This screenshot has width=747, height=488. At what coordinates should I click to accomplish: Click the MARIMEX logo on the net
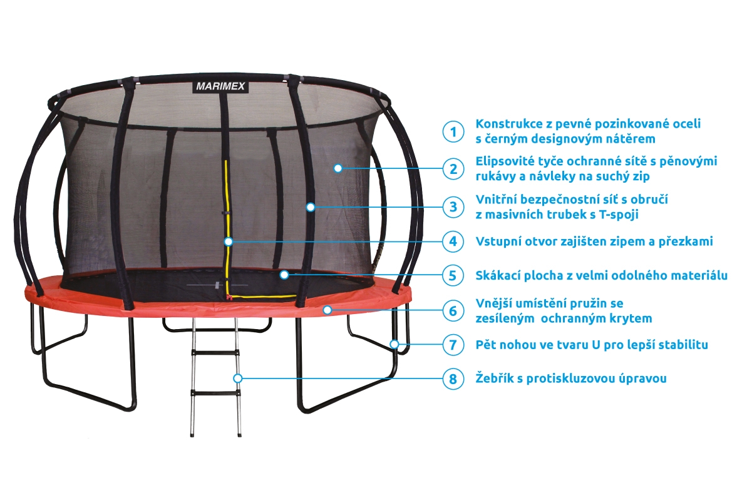[x=220, y=86]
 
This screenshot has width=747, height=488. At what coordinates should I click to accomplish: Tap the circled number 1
[x=453, y=132]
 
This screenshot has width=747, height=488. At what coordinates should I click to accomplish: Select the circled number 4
[x=453, y=241]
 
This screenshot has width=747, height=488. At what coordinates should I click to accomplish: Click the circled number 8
[x=453, y=379]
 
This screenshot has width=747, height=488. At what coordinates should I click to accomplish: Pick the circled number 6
[x=453, y=311]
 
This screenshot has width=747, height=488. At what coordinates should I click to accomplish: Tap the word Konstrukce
[x=509, y=124]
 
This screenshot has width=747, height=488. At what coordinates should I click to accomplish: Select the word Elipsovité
[x=505, y=162]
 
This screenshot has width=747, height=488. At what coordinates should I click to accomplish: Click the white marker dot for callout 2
[x=337, y=168]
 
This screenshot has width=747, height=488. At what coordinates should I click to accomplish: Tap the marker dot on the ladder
[x=238, y=379]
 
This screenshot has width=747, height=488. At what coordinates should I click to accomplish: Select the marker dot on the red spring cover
[x=327, y=310]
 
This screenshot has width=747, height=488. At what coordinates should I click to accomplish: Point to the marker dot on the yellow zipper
[x=229, y=242]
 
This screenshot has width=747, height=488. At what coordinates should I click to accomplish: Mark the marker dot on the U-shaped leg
[x=394, y=343]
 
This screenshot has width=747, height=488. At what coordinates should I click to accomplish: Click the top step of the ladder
[x=216, y=353]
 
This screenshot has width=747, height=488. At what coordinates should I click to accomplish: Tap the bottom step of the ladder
[x=216, y=393]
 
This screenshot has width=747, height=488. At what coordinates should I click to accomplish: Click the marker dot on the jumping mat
[x=284, y=275]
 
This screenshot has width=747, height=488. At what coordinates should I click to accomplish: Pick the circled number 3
[x=453, y=207]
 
